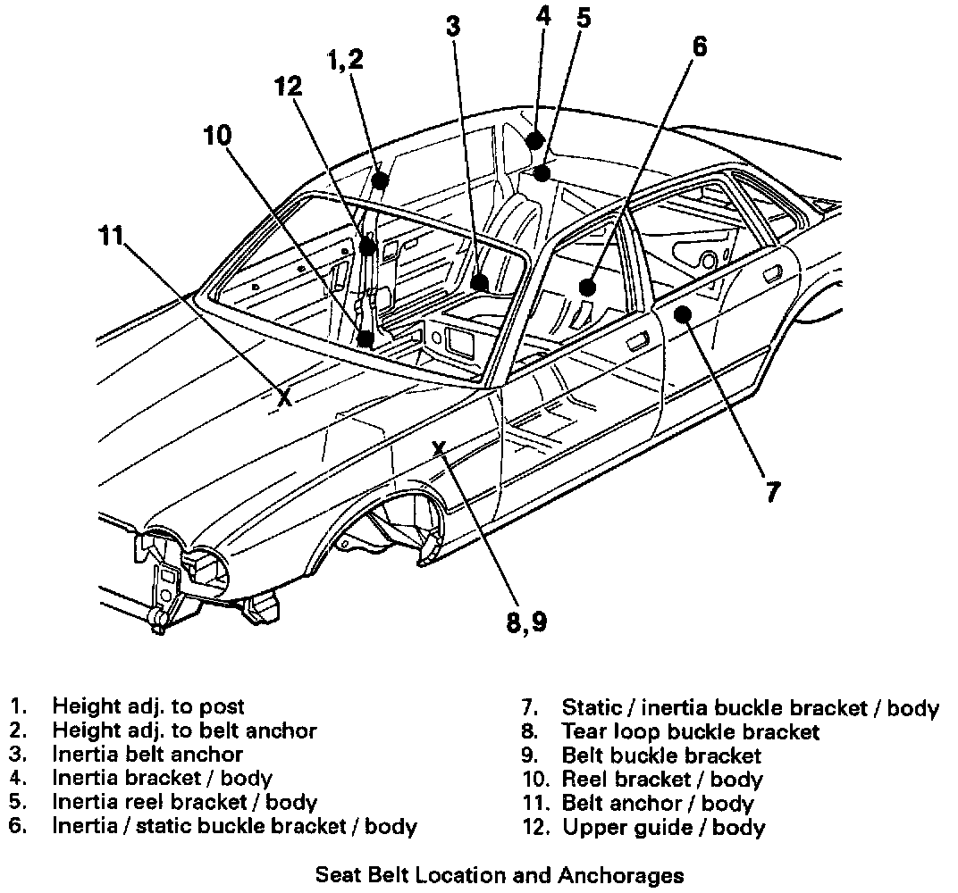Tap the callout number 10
click(x=217, y=136)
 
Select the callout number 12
click(x=288, y=87)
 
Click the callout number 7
click(x=772, y=490)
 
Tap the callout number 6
click(x=699, y=46)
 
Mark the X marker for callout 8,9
click(x=439, y=448)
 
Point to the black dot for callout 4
click(x=535, y=140)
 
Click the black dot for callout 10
click(x=365, y=338)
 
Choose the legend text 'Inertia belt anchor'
click(x=147, y=755)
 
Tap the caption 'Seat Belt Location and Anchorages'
click(x=500, y=875)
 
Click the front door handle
click(x=637, y=340)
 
